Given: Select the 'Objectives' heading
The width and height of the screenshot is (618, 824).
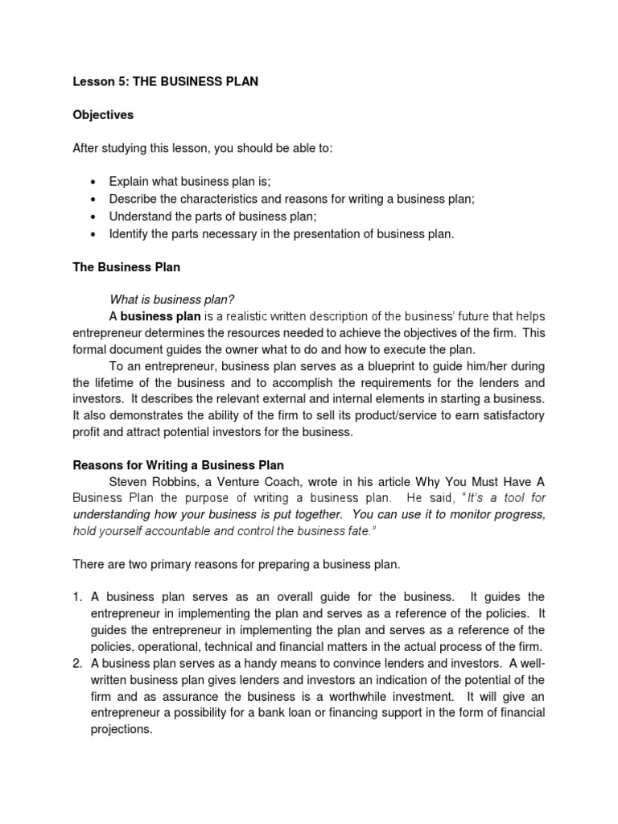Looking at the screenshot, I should pos(103,115).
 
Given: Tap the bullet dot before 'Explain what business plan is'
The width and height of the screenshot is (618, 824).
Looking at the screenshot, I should pos(94,183).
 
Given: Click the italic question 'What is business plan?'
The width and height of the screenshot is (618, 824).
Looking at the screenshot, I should pos(165,301).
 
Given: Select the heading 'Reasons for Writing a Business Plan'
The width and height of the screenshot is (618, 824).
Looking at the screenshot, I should pos(178,466).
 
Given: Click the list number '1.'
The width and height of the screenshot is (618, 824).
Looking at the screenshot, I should pos(78,597).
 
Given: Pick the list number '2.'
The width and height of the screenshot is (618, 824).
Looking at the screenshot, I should pos(78,664).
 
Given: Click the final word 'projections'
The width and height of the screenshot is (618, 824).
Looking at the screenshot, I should pos(121,730).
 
